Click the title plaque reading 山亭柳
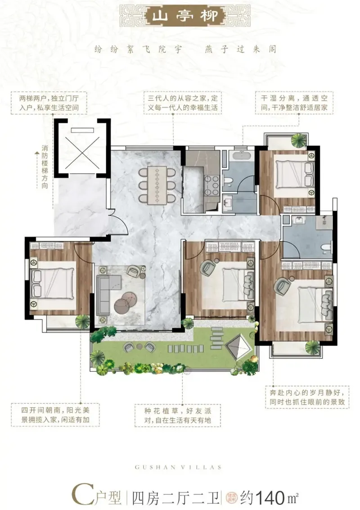(184, 15)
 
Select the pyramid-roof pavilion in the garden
(238, 348)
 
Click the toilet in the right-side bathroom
(326, 247)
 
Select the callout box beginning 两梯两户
(49, 103)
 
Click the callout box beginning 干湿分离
(294, 103)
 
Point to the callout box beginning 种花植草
(178, 415)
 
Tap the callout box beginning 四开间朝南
(55, 415)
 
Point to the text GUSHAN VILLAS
(178, 467)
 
